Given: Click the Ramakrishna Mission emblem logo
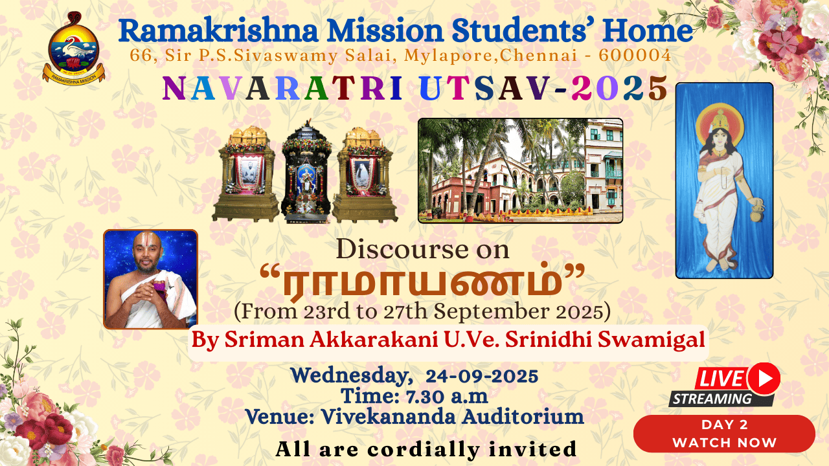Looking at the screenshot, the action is (x=73, y=47).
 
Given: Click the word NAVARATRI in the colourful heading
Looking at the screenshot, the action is (x=282, y=88).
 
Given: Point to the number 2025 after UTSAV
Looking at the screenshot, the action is (x=619, y=88).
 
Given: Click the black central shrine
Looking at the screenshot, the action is (x=306, y=172).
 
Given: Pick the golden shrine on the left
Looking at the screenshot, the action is (x=245, y=174).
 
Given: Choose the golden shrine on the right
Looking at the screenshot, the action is (x=365, y=175).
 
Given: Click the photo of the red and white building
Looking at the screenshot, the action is (x=520, y=170).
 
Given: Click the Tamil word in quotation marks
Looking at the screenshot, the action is (x=422, y=282).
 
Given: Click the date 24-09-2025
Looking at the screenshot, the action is (x=482, y=377).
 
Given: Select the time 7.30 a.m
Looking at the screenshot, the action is (x=447, y=397).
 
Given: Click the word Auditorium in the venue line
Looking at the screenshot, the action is (x=523, y=417).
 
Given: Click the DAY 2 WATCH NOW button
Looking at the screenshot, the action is (x=724, y=434).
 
